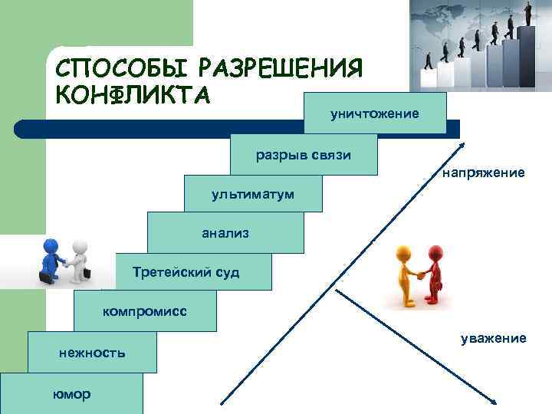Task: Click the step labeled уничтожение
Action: point(375,113)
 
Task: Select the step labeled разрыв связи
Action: point(304,155)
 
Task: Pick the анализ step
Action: point(225,232)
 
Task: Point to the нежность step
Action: point(92,353)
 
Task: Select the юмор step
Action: point(71,394)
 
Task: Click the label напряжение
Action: point(483,174)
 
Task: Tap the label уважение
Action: point(493,337)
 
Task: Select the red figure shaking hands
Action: point(435,272)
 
